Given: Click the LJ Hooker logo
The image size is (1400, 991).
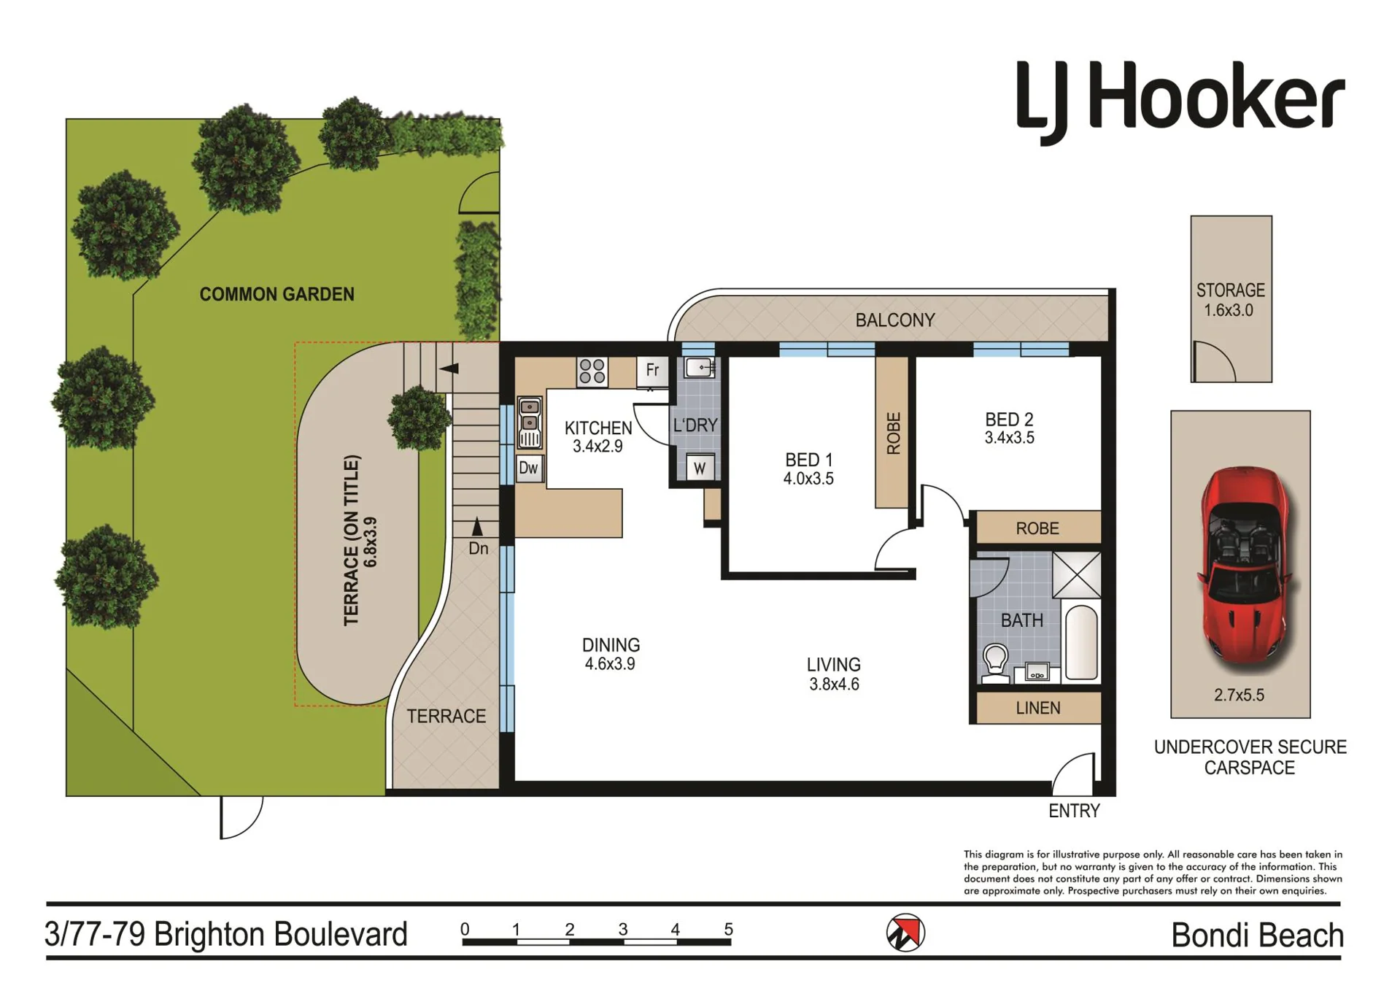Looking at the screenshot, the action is [1180, 101].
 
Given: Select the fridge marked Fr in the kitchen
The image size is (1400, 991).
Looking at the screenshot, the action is [652, 371].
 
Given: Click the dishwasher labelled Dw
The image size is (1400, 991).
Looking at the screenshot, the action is [529, 468].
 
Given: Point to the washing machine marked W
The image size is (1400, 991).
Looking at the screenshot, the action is [700, 467].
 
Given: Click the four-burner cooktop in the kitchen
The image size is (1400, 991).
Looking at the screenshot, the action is [592, 371].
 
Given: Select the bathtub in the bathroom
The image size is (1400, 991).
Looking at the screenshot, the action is [1081, 643].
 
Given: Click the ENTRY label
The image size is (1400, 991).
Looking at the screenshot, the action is [1074, 811].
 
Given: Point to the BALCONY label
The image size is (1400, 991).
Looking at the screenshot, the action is [895, 320].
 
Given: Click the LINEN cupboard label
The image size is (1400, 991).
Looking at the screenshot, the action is [1038, 708].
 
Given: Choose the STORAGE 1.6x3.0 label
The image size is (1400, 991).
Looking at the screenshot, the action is [1230, 300].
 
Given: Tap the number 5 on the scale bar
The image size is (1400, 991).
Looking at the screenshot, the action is [728, 929].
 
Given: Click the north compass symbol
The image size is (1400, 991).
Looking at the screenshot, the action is [905, 933].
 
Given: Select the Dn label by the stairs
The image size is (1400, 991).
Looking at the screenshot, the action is [479, 548].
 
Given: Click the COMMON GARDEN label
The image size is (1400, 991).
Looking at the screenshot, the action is [277, 294].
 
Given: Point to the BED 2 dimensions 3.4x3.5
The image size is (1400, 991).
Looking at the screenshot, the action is [1009, 438].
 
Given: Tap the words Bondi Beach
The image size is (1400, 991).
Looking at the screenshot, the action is [1257, 936].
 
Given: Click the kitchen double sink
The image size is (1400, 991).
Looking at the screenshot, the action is [530, 421].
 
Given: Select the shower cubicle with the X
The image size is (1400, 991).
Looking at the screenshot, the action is [1077, 574].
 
